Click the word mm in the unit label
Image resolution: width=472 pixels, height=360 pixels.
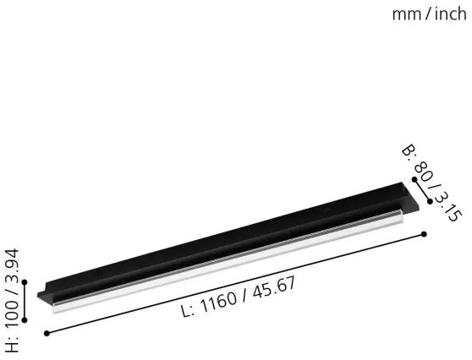click(x=405, y=14)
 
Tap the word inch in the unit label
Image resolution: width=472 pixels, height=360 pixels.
click(x=448, y=14)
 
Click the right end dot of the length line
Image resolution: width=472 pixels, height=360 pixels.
click(x=422, y=234)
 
